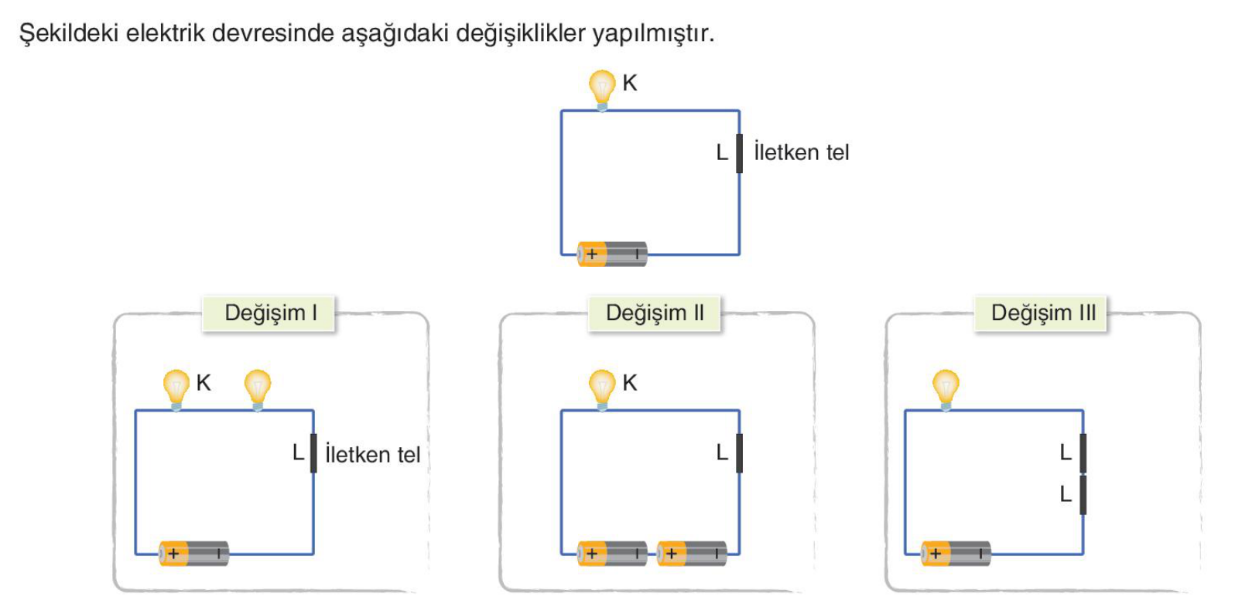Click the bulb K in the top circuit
(602, 90)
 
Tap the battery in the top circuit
(612, 254)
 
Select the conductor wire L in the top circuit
(739, 153)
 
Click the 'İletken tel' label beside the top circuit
(802, 152)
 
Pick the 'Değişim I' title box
(269, 313)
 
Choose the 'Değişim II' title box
(654, 313)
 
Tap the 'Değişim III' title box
(1041, 313)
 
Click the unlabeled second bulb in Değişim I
(258, 390)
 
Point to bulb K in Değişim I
(176, 390)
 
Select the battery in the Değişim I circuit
(194, 554)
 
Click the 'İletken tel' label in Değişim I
(373, 454)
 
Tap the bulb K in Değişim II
(602, 390)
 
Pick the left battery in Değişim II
(612, 554)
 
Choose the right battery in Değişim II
(692, 554)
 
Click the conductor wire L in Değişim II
(739, 453)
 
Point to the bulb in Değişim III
(946, 390)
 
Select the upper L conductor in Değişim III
(1083, 453)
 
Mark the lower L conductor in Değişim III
(1083, 495)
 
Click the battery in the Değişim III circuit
(956, 554)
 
